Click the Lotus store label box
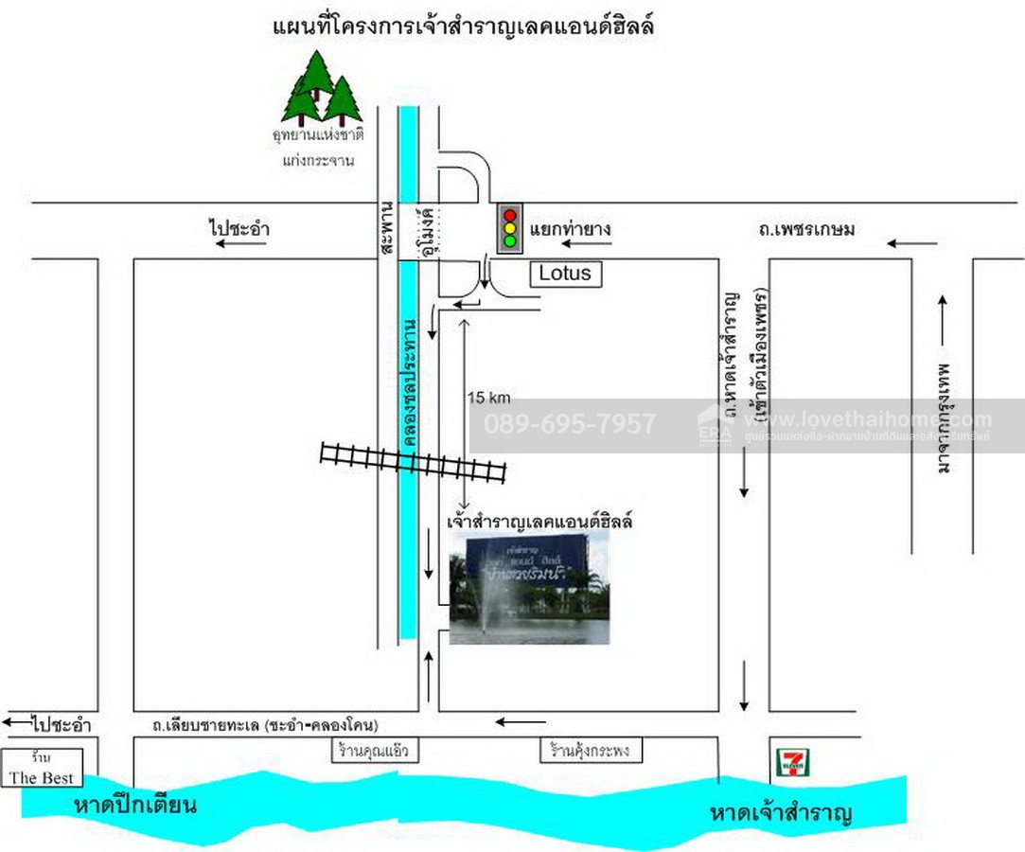[565, 274]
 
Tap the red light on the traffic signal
[511, 214]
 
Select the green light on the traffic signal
[511, 240]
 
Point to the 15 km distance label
[488, 399]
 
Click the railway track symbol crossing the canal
[414, 462]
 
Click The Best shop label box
[42, 769]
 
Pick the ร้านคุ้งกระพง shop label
[591, 752]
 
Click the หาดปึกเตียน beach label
[134, 806]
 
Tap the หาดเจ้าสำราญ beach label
[782, 813]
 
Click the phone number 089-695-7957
[569, 424]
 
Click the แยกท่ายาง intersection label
[570, 228]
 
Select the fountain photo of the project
[529, 588]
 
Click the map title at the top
[464, 27]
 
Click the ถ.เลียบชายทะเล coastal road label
[265, 725]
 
